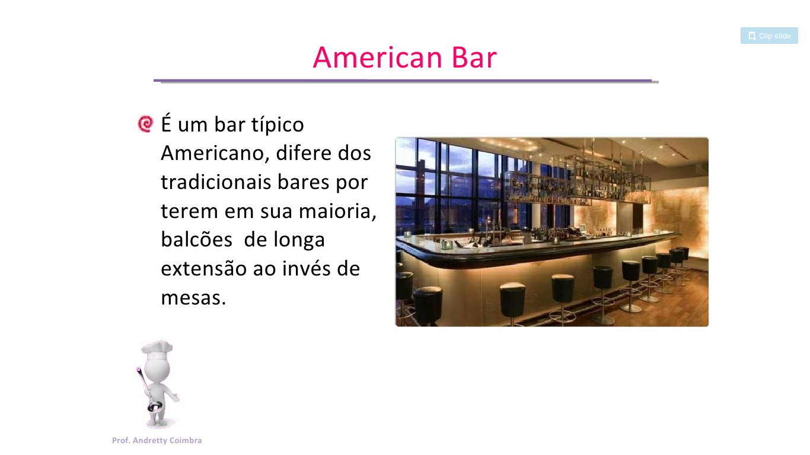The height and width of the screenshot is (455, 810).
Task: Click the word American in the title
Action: (x=378, y=57)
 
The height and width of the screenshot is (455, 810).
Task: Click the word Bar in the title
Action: (x=474, y=57)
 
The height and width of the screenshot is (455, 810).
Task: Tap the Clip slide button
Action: (x=769, y=36)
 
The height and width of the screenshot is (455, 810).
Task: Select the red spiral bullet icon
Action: (x=146, y=124)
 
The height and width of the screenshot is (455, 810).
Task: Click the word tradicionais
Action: (x=216, y=182)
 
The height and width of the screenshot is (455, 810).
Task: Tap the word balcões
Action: (x=196, y=239)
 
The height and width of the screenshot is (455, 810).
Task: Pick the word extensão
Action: (x=203, y=268)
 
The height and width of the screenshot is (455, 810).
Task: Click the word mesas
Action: (x=193, y=299)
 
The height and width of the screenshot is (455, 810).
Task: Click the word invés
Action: (x=306, y=268)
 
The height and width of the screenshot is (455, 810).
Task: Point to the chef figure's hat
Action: (x=157, y=348)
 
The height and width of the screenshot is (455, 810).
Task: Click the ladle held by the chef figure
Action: (x=147, y=390)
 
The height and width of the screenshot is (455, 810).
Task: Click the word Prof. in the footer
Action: (x=121, y=441)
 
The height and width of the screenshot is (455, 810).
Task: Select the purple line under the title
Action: (x=403, y=81)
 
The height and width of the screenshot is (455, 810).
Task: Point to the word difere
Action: (x=304, y=153)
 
